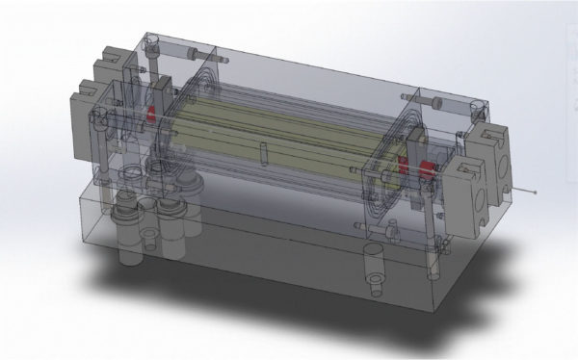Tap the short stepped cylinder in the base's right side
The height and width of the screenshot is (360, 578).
pos(375,270)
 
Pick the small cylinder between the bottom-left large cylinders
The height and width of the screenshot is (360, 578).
pos(150,231)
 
